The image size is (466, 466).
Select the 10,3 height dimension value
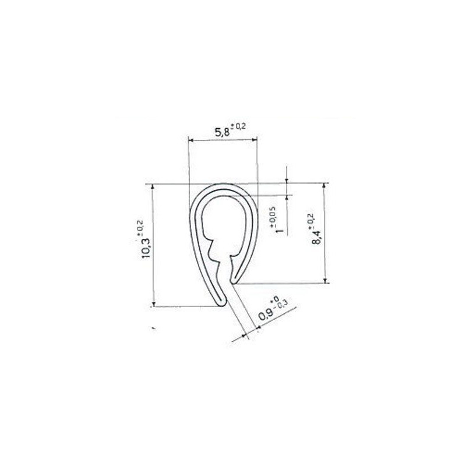click(147, 245)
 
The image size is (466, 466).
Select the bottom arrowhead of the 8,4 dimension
click(324, 281)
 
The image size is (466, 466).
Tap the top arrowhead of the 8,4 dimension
click(324, 186)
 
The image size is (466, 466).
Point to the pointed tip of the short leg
click(235, 283)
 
